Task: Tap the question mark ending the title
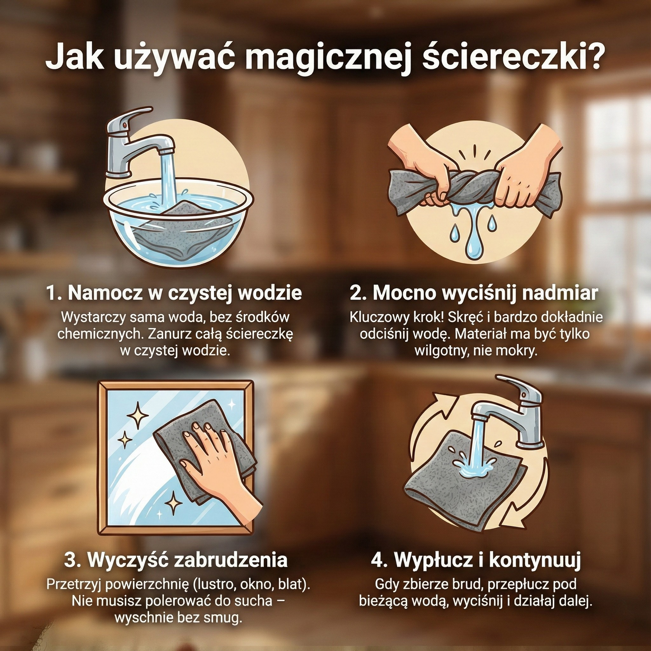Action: [592, 56]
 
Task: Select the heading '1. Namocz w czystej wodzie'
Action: [174, 293]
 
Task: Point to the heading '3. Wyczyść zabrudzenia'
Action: [176, 559]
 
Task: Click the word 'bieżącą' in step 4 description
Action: [383, 601]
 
